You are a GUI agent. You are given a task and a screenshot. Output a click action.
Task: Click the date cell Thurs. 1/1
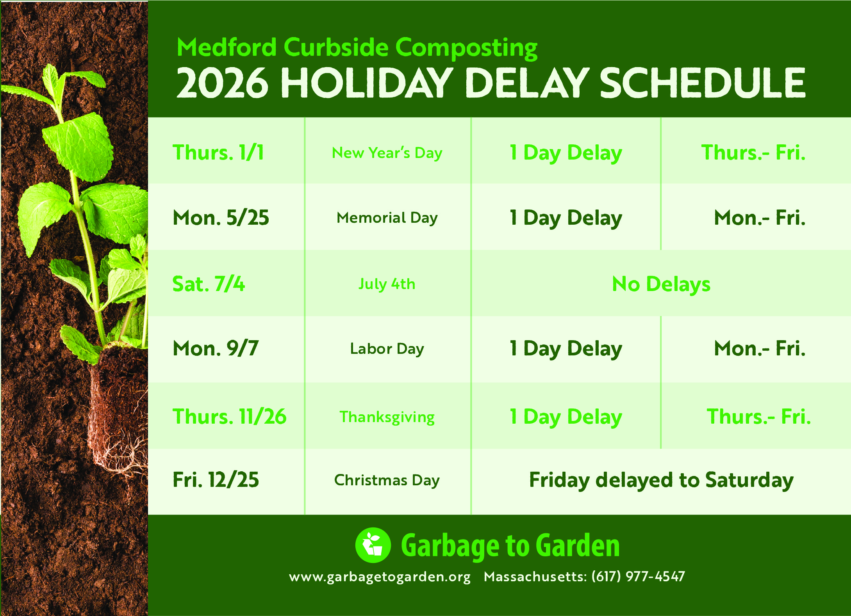coord(218,152)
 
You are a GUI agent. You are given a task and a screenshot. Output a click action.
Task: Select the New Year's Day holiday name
coord(387,153)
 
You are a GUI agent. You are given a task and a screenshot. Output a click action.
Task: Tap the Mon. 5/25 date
coord(221,218)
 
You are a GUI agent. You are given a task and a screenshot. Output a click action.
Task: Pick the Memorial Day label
coord(387,218)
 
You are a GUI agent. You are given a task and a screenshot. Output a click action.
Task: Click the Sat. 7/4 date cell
coord(209,284)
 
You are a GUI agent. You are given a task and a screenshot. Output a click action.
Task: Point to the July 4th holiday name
coord(387,284)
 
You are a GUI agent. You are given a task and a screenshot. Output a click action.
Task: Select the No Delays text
coord(661,284)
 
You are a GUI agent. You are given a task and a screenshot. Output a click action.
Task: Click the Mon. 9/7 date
coord(216,348)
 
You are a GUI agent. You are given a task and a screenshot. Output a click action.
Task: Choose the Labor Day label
coord(387,349)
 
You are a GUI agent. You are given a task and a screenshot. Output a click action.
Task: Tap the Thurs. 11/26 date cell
coord(230,416)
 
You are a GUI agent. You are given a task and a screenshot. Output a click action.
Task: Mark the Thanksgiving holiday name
coord(387,417)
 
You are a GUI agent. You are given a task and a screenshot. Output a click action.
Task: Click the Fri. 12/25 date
coord(216,480)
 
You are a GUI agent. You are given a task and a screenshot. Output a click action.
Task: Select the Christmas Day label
coord(387,480)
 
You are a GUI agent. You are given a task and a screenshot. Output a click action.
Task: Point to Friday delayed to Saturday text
coord(661,480)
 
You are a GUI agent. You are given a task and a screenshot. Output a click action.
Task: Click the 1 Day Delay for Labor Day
coord(566,349)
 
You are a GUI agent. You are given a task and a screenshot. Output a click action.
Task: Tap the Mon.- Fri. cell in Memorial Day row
coord(760,218)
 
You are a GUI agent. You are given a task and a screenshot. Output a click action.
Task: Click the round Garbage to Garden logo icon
coord(373,545)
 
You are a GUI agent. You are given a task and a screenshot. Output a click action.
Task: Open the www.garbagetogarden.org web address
coord(380,577)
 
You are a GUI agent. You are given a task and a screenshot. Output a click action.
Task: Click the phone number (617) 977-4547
coord(638,576)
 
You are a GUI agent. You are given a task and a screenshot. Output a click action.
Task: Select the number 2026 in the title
coord(223,83)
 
